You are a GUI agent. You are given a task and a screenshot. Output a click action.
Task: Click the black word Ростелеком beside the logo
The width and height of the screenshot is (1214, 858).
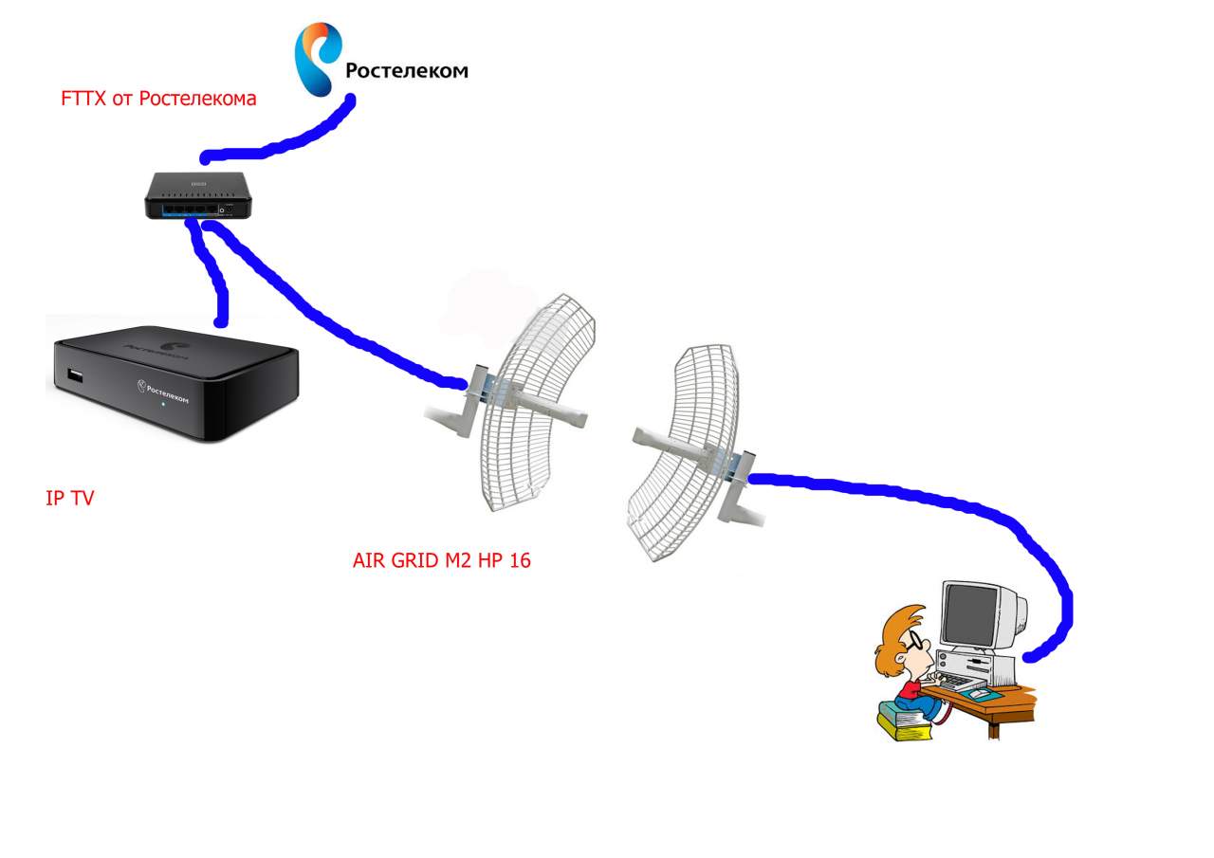pos(406,70)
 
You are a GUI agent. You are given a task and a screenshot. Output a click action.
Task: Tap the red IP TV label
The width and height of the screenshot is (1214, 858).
pos(70,499)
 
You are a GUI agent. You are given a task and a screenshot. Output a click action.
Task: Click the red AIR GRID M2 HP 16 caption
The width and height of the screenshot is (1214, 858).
pos(441,561)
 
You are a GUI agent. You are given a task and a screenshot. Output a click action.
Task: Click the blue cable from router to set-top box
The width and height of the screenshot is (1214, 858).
pos(212,270)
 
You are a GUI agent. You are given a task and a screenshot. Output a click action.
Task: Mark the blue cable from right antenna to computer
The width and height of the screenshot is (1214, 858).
pos(948,502)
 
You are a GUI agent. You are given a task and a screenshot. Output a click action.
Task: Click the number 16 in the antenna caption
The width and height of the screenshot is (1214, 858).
pos(519,561)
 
